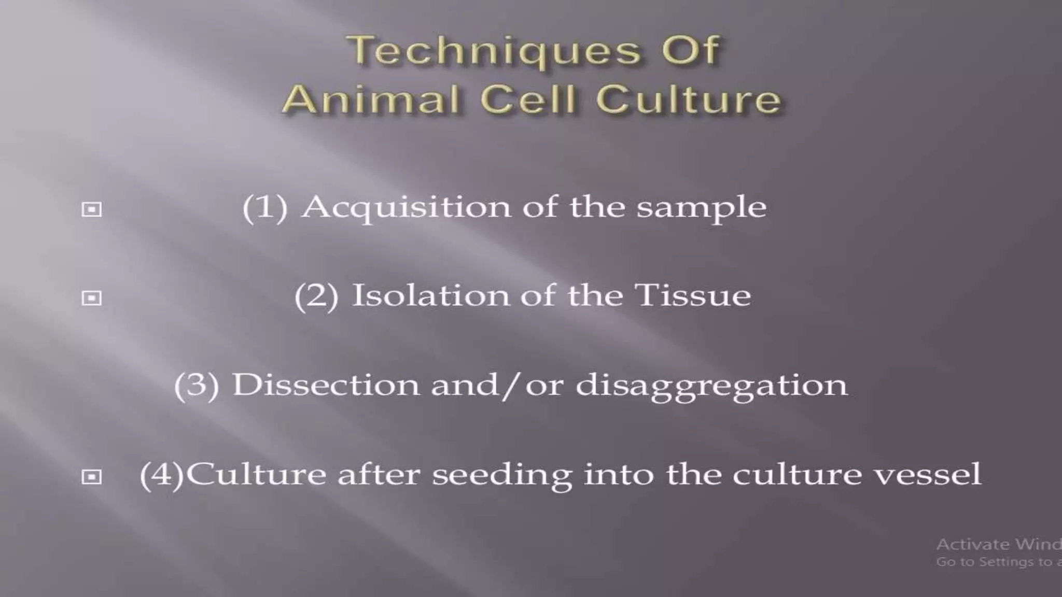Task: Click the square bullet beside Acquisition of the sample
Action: pos(92,209)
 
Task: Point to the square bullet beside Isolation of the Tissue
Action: pos(92,298)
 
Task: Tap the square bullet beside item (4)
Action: pos(92,476)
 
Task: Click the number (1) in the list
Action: pos(265,208)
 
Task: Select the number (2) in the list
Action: pos(316,296)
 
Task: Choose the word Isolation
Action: pos(430,296)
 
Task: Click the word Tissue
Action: pos(693,296)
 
